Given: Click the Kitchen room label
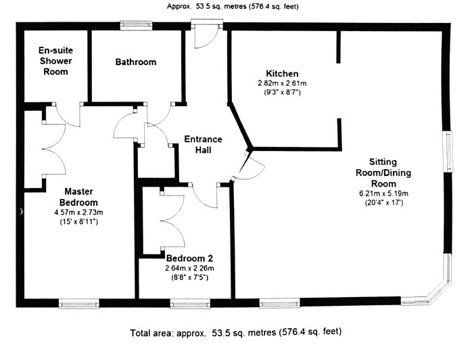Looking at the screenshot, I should click(x=282, y=74).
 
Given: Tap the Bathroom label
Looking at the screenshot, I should click(x=135, y=62).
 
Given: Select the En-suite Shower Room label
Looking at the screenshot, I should click(x=55, y=62).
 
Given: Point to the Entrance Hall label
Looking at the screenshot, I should click(x=203, y=144).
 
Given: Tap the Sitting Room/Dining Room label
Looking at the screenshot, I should click(x=382, y=173).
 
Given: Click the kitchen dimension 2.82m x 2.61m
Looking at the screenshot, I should click(x=282, y=83).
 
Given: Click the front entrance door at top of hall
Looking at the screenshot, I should click(x=202, y=34).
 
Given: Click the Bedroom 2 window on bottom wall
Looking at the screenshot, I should click(x=189, y=303).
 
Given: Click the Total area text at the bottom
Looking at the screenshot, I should click(x=235, y=333).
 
